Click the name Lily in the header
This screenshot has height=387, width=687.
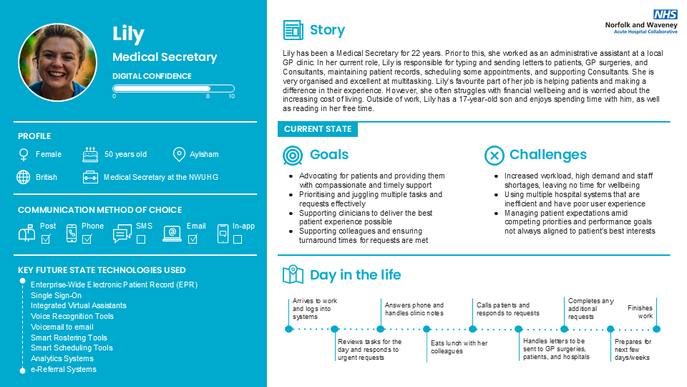point(129,34)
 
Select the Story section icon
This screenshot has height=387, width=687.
point(293,30)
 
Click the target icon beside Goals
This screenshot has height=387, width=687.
point(293,155)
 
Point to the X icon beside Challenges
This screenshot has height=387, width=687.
point(494,155)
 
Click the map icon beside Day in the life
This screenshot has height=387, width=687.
point(293,275)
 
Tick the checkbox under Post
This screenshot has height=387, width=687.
point(46,239)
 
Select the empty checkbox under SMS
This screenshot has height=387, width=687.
point(141,239)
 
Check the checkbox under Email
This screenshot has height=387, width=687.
point(192,239)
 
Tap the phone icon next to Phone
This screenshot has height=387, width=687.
point(72,233)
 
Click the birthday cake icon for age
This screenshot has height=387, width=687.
point(90,154)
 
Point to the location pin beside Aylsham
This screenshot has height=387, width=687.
point(179,154)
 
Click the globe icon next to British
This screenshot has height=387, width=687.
point(24,177)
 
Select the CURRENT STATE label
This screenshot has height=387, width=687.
point(318,129)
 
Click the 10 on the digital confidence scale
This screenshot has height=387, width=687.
point(231,96)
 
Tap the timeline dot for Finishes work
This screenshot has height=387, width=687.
point(656,329)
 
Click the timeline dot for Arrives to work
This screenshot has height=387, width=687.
point(289,329)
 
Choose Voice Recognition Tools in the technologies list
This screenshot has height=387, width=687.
point(72,316)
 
